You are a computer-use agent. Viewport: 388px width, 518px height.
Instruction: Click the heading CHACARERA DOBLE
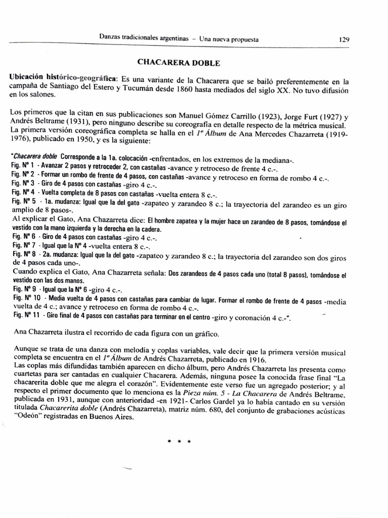click(179, 63)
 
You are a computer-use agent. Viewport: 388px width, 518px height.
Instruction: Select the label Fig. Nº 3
click(22, 183)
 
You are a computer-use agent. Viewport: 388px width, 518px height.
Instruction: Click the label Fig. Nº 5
click(22, 201)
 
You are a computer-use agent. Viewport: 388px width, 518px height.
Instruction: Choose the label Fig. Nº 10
click(24, 298)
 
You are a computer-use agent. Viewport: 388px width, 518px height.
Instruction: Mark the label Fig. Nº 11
click(24, 316)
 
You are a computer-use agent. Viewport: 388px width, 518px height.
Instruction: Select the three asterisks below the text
click(179, 441)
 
